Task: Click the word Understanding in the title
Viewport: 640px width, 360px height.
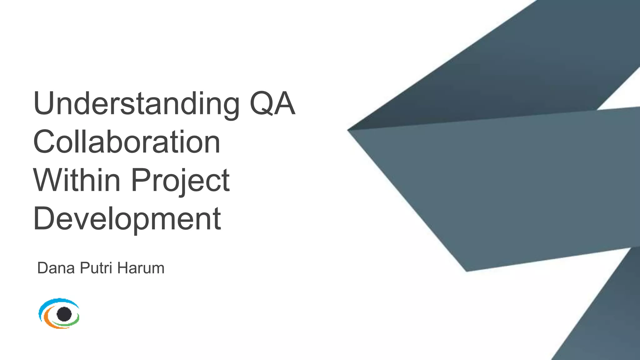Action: [x=136, y=104]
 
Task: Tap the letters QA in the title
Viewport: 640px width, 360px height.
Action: [x=272, y=104]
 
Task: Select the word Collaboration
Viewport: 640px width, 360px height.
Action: [x=127, y=142]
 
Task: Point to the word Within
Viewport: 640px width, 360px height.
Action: [x=77, y=180]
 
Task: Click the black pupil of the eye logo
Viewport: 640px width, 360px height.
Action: [x=64, y=314]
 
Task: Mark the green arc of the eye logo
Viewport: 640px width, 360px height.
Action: [x=70, y=324]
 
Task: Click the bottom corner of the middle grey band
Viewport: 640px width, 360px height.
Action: [x=467, y=270]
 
